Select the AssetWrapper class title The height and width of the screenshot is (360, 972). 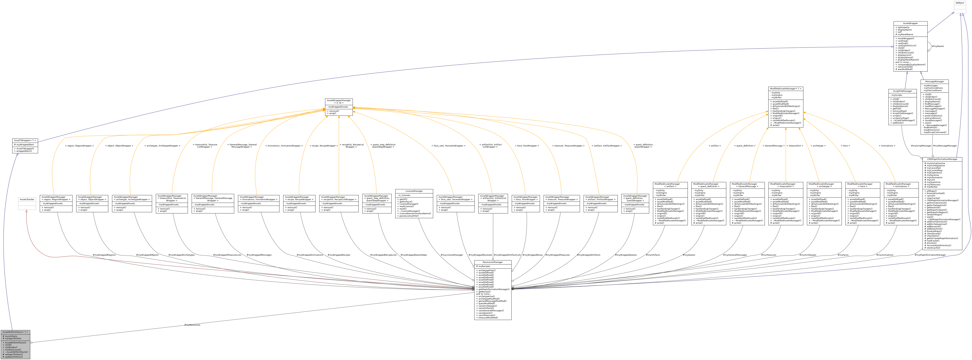click(x=910, y=23)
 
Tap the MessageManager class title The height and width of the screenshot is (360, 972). click(x=934, y=81)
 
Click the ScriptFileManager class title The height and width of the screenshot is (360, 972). click(x=902, y=91)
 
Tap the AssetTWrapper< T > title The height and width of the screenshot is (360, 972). click(x=25, y=140)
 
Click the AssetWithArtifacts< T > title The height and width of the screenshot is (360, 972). click(x=15, y=332)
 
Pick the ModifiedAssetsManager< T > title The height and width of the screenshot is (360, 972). click(x=786, y=89)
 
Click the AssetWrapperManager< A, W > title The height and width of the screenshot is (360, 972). click(x=338, y=101)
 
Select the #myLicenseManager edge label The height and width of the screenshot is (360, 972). click(x=452, y=255)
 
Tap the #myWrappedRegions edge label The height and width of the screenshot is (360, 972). click(x=104, y=255)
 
